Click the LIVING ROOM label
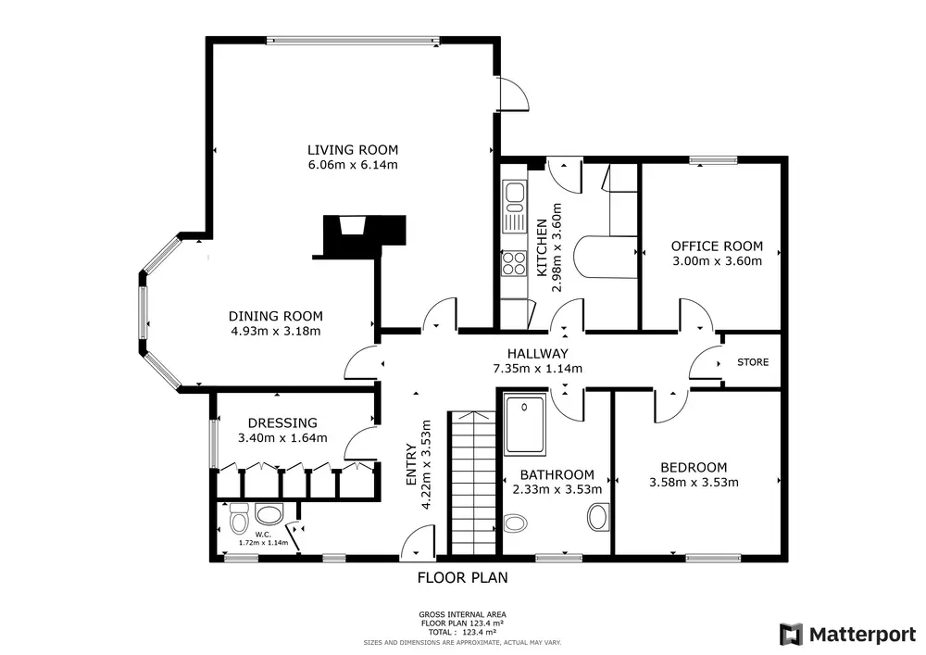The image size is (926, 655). (x=353, y=150)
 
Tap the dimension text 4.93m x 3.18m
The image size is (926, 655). (x=276, y=331)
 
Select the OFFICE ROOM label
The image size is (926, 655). (x=717, y=246)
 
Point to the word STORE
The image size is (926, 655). (x=753, y=362)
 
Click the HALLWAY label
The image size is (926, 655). (x=537, y=354)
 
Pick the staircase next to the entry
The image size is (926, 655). (x=473, y=483)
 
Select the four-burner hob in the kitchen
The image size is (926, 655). (x=514, y=263)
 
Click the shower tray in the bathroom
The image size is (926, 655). (x=525, y=424)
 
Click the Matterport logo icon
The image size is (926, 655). (x=792, y=635)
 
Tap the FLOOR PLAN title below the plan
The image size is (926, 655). (x=462, y=577)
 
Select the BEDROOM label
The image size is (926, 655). (x=694, y=467)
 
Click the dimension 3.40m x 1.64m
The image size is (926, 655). (x=282, y=438)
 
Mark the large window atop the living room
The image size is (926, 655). (x=353, y=41)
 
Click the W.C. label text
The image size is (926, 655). (x=263, y=535)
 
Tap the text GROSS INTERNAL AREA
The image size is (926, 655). (x=462, y=614)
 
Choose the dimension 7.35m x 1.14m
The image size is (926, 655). (x=537, y=369)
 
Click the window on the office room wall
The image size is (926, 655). (x=713, y=159)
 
